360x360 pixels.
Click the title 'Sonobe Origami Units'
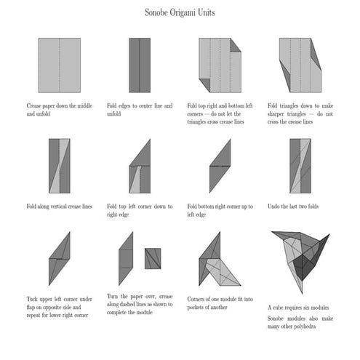click(x=180, y=12)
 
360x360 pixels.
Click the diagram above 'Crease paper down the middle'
click(x=59, y=65)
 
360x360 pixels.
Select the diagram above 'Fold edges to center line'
click(x=139, y=65)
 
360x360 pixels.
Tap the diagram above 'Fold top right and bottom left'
click(x=219, y=65)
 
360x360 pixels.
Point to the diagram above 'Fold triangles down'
click(x=299, y=65)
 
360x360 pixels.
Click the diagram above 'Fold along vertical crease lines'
click(x=59, y=166)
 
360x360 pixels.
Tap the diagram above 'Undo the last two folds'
click(x=299, y=166)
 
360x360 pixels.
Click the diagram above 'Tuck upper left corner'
click(x=59, y=259)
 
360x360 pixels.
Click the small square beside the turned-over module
click(x=153, y=258)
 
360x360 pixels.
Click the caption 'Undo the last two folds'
click(x=292, y=207)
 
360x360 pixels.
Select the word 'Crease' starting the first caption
click(x=36, y=106)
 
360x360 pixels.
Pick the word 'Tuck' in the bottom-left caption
click(x=33, y=299)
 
